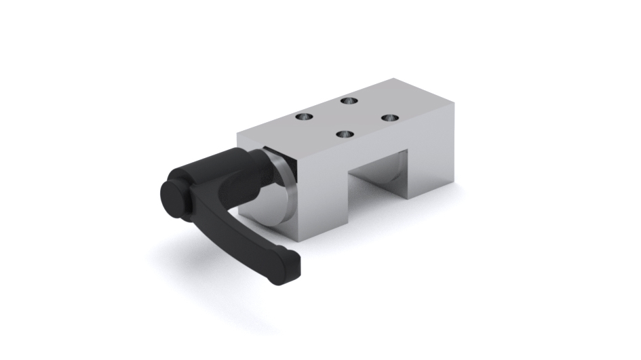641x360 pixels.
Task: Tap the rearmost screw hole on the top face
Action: tap(349, 101)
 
